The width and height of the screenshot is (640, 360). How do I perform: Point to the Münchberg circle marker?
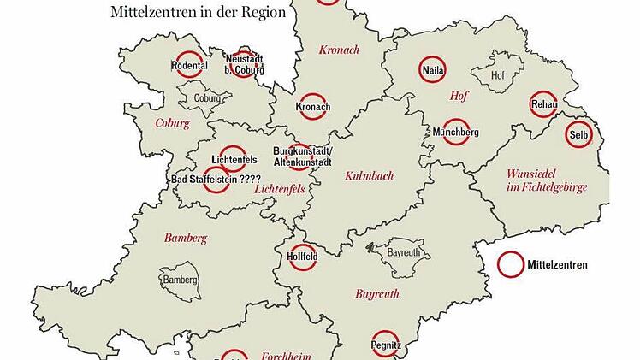(455, 132)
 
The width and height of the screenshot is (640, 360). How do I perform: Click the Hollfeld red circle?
(303, 256)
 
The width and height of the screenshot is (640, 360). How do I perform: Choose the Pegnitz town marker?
(385, 344)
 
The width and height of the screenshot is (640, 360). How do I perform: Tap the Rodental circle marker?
(189, 65)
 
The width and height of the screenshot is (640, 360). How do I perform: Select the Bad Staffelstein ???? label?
(216, 180)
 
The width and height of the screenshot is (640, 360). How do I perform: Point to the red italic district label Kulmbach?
(369, 176)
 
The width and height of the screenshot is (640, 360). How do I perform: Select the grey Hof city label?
(498, 76)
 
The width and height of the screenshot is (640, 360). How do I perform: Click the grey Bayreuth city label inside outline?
(405, 254)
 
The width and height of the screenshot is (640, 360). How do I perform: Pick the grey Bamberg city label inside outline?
(180, 280)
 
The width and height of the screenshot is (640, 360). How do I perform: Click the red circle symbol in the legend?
(512, 265)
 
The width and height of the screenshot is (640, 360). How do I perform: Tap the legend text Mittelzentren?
(558, 265)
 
